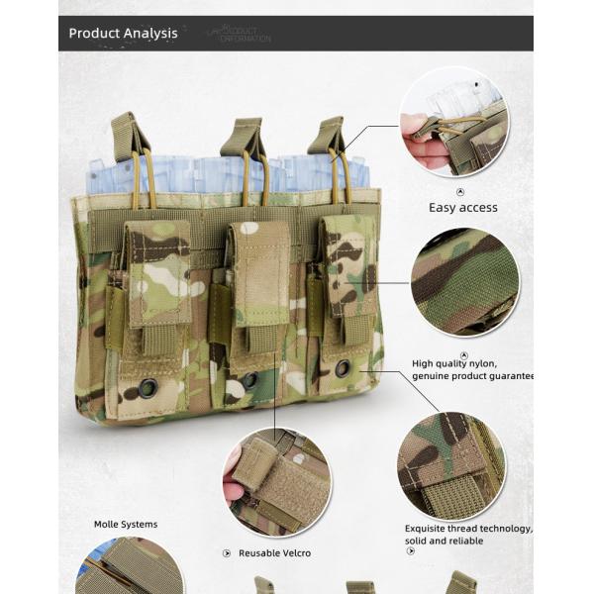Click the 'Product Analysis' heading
(x=123, y=34)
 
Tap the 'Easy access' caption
(x=462, y=208)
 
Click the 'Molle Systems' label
(x=126, y=525)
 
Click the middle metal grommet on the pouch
(x=249, y=380)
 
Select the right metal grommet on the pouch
(x=343, y=368)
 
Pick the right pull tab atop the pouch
(x=328, y=135)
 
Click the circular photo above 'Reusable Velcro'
(x=276, y=482)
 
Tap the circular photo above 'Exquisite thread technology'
(x=450, y=465)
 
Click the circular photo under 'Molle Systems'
(x=130, y=565)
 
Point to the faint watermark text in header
(x=240, y=35)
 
